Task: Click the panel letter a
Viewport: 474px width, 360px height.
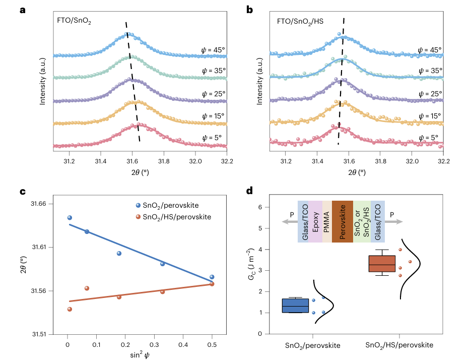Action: coord(23,9)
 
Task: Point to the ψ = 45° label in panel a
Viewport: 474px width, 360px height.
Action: coord(213,50)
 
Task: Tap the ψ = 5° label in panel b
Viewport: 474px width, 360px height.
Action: coord(430,137)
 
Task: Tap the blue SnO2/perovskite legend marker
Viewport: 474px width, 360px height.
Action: coord(138,206)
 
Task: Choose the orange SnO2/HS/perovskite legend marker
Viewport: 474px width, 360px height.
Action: coord(138,217)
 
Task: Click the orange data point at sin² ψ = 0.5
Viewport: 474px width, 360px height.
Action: coord(212,284)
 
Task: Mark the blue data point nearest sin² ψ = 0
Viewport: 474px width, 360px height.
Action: coord(70,218)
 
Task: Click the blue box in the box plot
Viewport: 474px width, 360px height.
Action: coord(295,306)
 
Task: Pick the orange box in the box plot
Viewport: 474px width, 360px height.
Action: coord(382,264)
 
